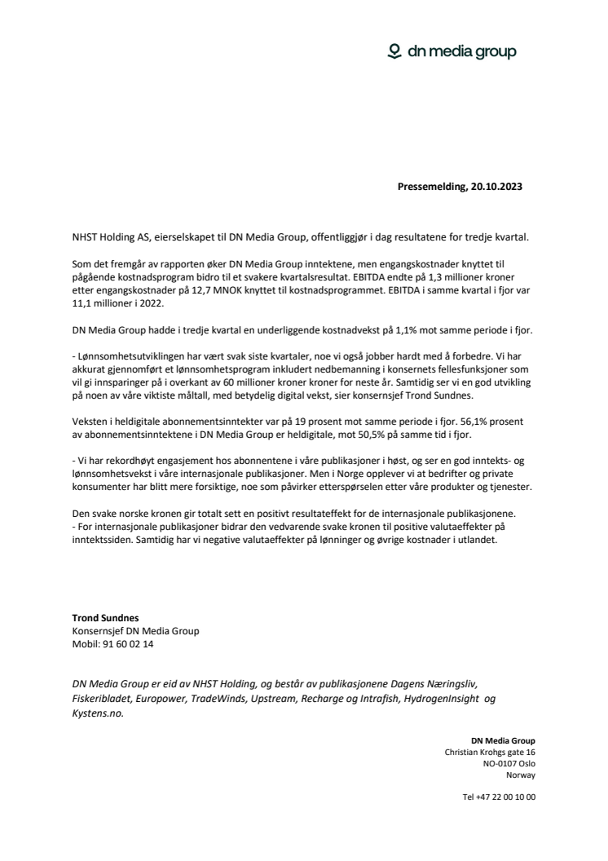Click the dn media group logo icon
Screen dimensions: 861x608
(394, 52)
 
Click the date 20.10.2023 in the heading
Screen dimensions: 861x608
(496, 186)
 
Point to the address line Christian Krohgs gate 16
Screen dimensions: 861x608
(490, 752)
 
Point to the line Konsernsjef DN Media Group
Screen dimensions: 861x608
(135, 630)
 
